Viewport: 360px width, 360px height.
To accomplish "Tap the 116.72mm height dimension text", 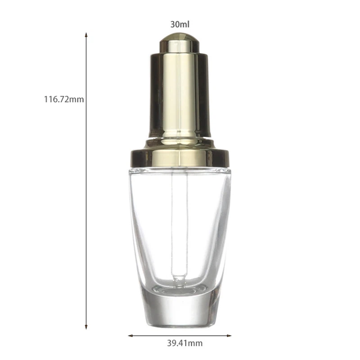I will tap(63, 99).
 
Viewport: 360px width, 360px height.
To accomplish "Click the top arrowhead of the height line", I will tap(86, 35).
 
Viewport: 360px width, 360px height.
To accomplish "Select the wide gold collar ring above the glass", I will tap(179, 157).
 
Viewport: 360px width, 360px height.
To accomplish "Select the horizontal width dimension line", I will tap(180, 335).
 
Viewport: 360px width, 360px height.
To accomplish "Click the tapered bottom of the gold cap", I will tap(179, 142).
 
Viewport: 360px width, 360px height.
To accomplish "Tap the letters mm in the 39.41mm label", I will tap(195, 344).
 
